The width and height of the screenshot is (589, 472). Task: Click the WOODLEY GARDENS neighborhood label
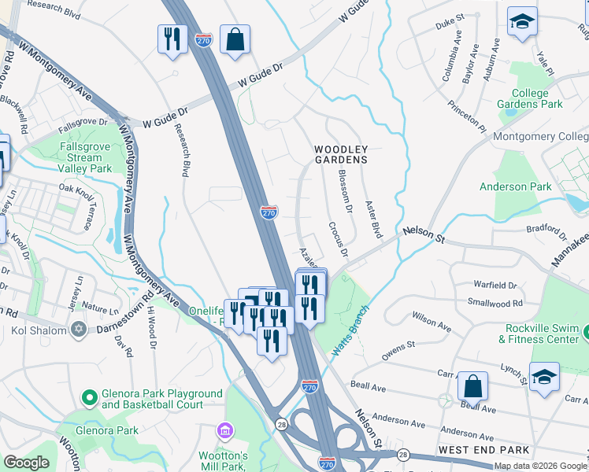[x=341, y=154]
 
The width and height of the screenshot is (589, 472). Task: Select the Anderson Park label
[x=516, y=186]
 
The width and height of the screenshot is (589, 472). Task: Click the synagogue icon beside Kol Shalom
[x=78, y=330]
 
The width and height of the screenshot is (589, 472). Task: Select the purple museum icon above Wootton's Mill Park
[x=225, y=431]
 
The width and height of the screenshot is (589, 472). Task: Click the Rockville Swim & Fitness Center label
[x=539, y=334]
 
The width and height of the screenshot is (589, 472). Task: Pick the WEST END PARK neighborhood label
[x=472, y=449]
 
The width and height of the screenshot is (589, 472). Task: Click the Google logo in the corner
[x=27, y=463]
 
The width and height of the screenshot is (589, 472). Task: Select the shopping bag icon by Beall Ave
[x=472, y=385]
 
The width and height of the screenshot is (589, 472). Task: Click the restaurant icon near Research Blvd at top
[x=172, y=39]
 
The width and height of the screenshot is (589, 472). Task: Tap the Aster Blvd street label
[x=373, y=219]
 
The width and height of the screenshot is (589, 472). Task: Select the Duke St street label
[x=450, y=25]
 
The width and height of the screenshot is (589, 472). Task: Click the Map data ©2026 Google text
[x=540, y=466]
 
